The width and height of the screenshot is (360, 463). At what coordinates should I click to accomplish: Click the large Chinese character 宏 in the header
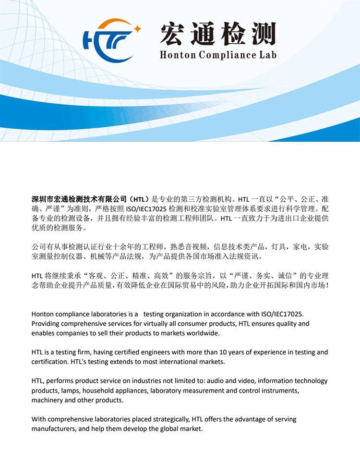pos(174,34)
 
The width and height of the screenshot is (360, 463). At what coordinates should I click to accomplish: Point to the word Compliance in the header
pos(226,55)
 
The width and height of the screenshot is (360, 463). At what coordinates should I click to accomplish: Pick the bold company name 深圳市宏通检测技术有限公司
pos(79,199)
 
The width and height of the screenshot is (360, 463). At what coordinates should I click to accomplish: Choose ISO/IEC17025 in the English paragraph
pos(280,314)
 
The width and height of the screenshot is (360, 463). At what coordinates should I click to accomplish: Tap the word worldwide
pos(204,333)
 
